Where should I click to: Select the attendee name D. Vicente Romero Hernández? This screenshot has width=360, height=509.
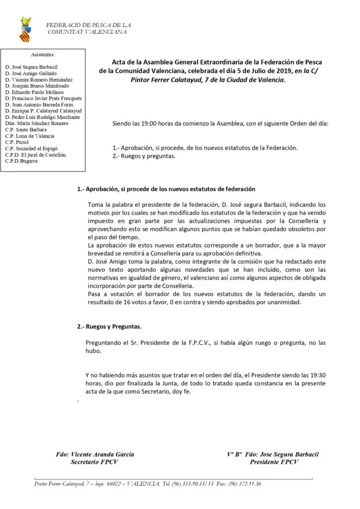coord(39,80)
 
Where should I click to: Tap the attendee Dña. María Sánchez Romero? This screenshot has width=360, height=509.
coord(36,123)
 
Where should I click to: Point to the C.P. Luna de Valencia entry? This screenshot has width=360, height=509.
coord(29,136)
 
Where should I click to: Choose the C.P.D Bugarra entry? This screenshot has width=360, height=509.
coord(21,161)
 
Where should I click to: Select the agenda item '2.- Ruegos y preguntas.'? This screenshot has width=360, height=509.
coord(144,156)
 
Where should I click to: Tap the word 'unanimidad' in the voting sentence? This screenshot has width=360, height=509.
coord(286,303)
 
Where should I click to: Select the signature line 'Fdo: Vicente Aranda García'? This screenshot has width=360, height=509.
coord(95,454)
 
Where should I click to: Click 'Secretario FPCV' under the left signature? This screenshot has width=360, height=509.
coord(94,462)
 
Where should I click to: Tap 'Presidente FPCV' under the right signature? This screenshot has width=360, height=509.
coord(274,462)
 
